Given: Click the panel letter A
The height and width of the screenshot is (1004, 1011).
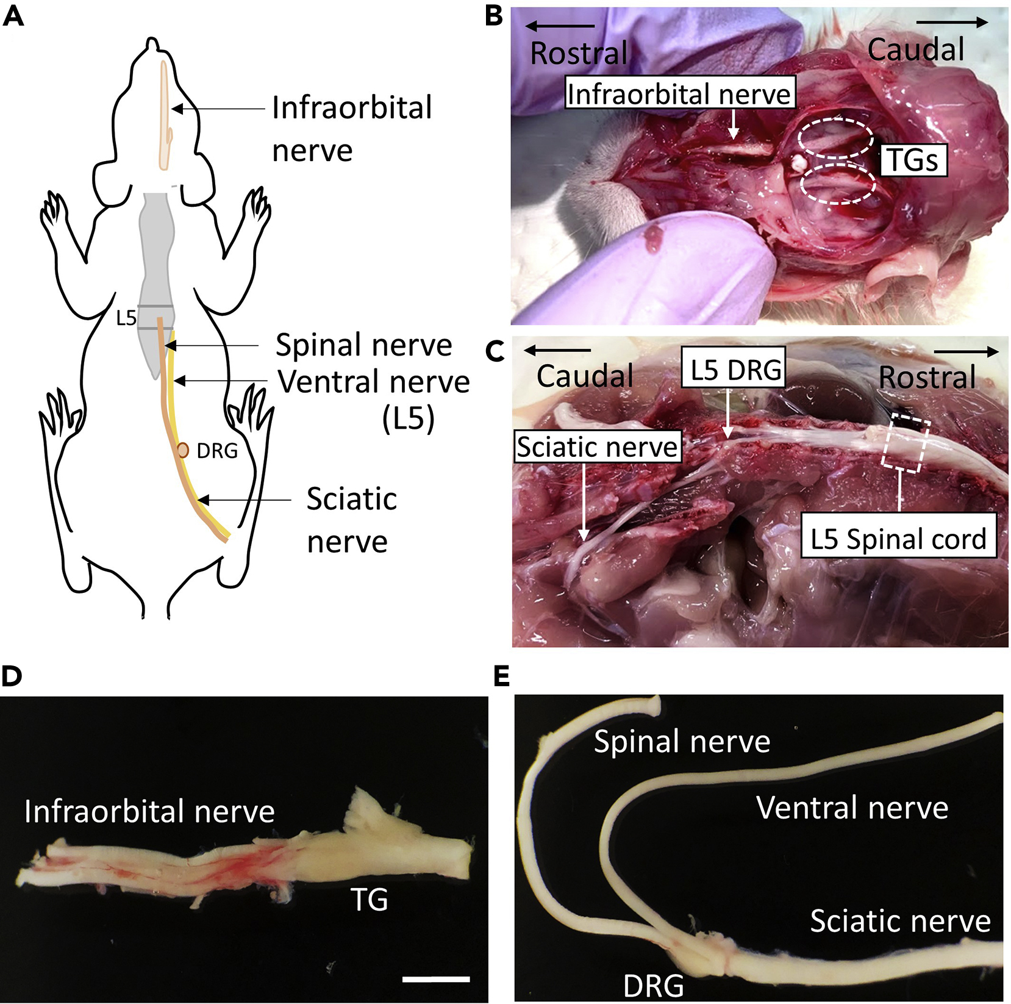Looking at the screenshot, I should click(x=13, y=16).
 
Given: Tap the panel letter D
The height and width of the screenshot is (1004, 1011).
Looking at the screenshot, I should click(x=13, y=676).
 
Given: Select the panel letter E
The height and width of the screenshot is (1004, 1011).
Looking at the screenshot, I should click(x=501, y=676).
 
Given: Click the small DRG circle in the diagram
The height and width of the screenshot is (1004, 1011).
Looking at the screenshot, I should click(x=182, y=451).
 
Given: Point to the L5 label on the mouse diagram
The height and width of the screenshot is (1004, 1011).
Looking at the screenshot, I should click(x=126, y=318).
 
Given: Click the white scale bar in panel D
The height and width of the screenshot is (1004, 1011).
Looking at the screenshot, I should click(x=436, y=979).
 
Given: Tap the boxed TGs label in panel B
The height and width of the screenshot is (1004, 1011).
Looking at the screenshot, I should click(x=913, y=160).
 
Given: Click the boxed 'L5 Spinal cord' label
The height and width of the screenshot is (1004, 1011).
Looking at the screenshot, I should click(x=898, y=539).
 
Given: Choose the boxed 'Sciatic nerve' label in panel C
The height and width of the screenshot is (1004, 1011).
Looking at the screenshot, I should click(x=597, y=447).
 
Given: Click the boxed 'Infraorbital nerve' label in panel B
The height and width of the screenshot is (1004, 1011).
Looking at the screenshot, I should click(x=679, y=94).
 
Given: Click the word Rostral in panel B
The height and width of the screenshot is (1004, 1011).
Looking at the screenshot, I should click(x=579, y=53).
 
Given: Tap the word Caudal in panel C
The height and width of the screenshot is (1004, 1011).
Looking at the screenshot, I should click(x=585, y=376).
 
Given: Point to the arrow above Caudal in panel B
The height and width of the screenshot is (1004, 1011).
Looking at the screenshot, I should click(x=952, y=23).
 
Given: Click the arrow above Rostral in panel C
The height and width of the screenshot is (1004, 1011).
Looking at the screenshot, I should click(x=966, y=351).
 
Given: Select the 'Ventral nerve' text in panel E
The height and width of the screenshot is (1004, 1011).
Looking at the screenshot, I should click(x=852, y=808).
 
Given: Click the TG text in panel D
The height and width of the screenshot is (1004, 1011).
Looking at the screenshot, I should click(x=369, y=899).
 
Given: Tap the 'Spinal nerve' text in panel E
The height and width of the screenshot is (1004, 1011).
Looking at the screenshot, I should click(x=682, y=741).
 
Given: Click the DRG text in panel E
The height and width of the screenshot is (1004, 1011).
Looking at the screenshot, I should click(x=654, y=986).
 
